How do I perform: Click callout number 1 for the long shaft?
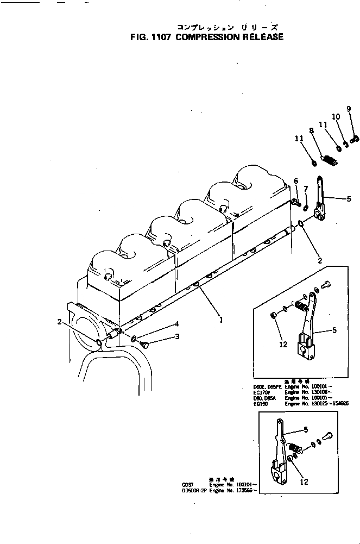point(221,320)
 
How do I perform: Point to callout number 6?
point(296,181)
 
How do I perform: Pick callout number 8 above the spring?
point(312,130)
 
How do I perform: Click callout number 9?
point(349,109)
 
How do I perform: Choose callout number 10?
point(336,117)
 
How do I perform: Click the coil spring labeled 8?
point(329,160)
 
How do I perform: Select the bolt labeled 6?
point(296,203)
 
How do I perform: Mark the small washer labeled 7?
point(306,208)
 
